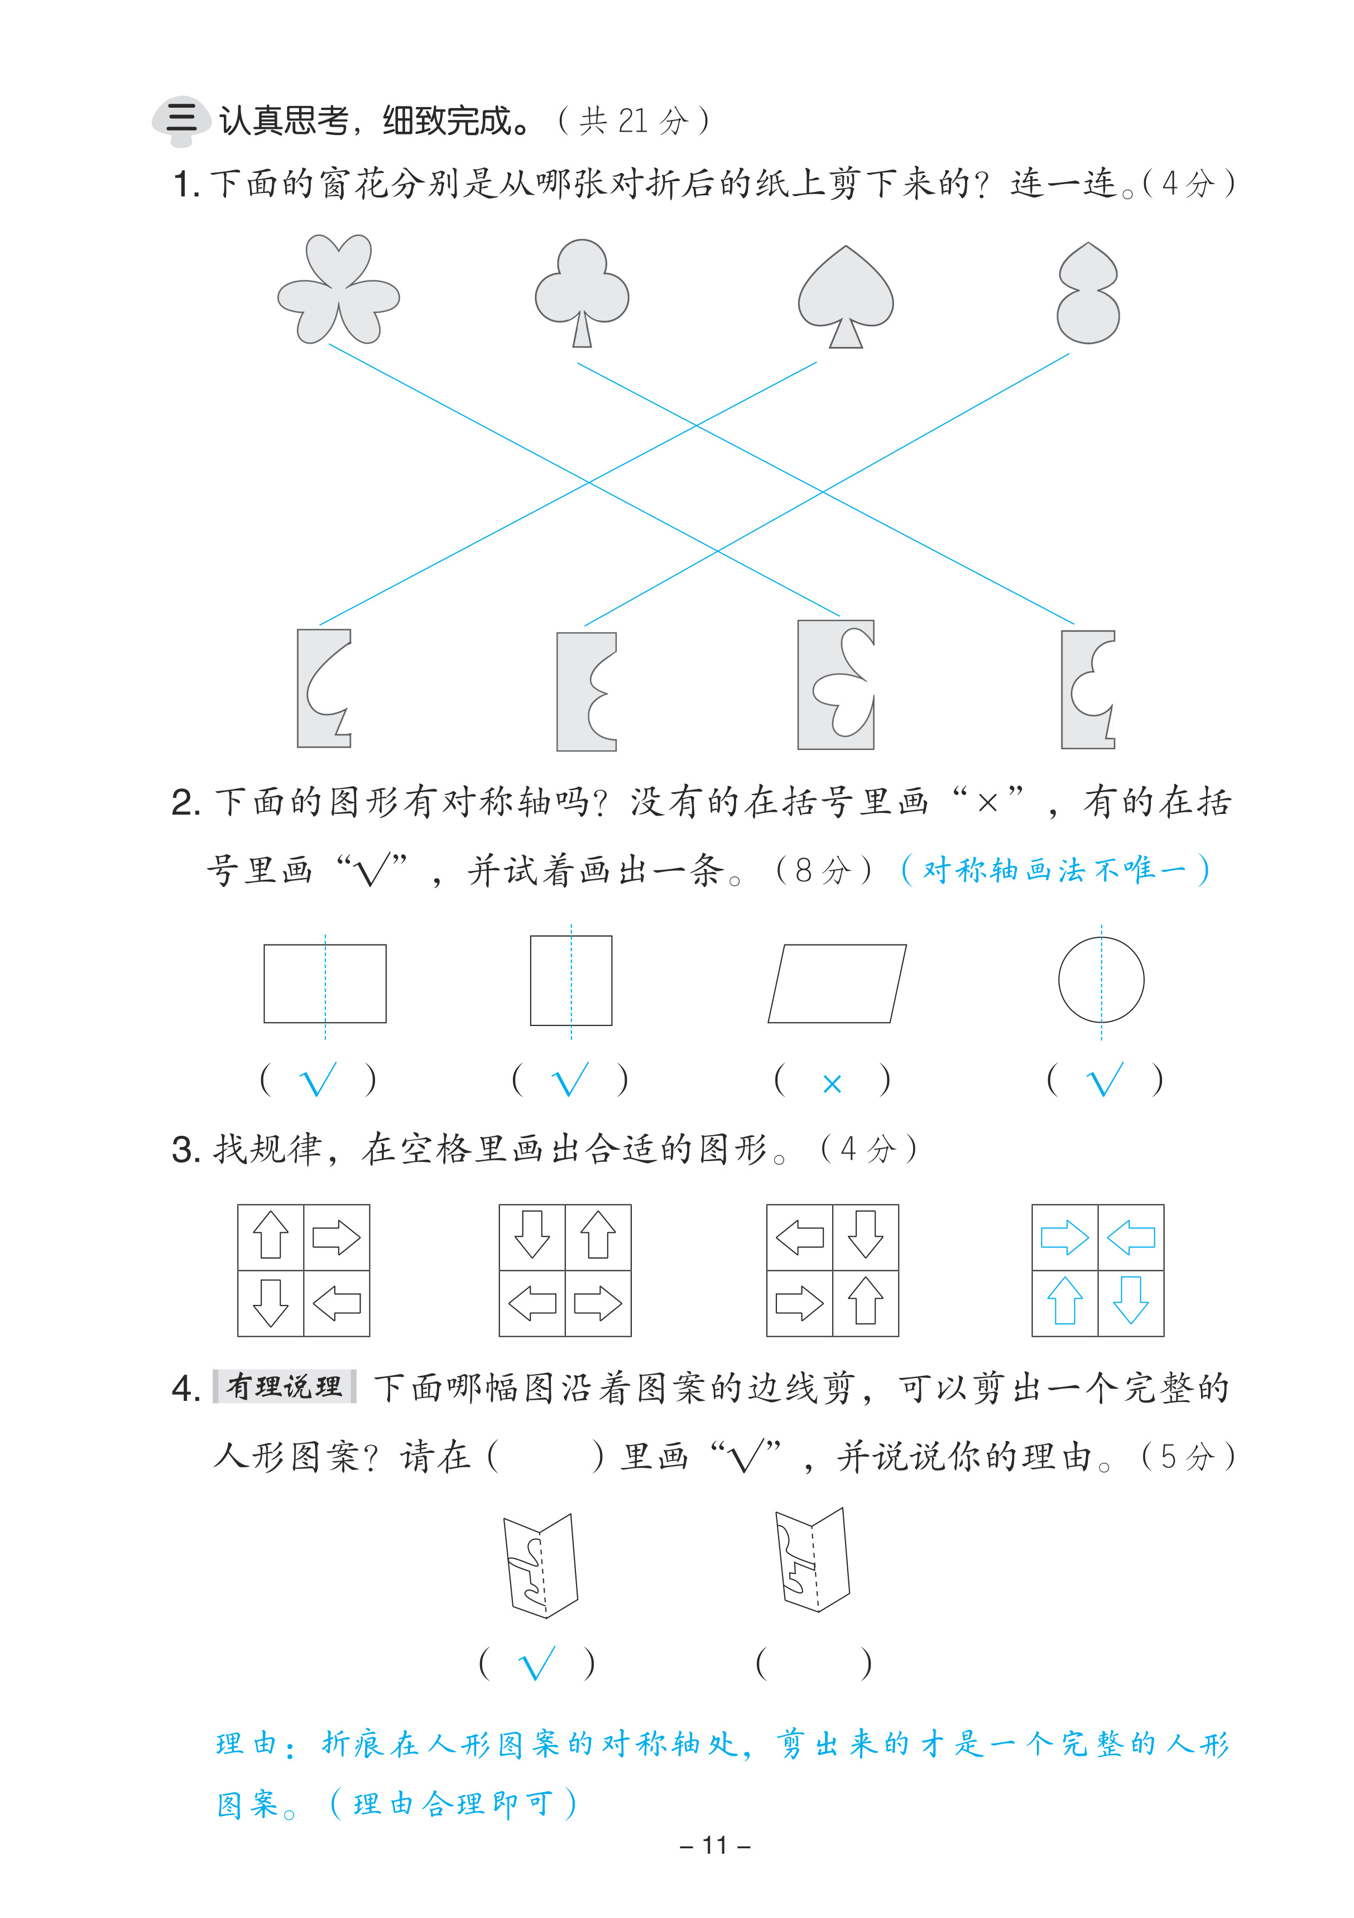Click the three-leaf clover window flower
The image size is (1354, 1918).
pos(338,289)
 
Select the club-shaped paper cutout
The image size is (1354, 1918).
pos(582,289)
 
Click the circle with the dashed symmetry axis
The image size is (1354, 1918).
pos(1101,980)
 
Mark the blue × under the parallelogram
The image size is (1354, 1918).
pos(832,1083)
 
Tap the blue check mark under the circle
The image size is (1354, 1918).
pos(1104,1080)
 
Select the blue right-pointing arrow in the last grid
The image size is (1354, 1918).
pos(1064,1237)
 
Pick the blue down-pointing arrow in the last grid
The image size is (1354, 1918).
pos(1131,1300)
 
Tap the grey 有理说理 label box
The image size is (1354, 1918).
pos(284,1387)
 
